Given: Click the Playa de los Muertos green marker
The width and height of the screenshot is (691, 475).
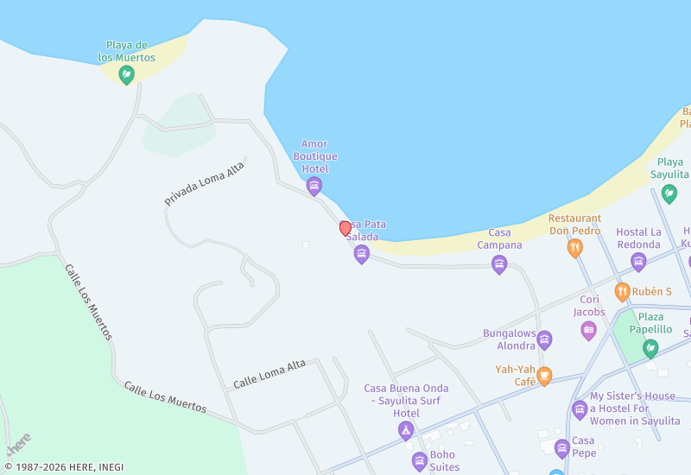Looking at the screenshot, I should click(126, 75).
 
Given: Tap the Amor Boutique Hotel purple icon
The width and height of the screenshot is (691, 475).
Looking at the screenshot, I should click(314, 186).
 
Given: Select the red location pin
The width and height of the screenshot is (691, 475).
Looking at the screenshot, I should click(345, 228).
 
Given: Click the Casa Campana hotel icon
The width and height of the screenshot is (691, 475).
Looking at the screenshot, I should click(499, 265).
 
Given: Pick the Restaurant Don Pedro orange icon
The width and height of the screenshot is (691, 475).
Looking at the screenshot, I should click(574, 248).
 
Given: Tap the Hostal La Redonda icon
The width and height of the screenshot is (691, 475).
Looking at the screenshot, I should click(638, 262).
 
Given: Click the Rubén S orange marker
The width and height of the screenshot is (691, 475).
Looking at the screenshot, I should click(622, 292).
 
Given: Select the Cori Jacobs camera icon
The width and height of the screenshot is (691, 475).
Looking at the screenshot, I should click(588, 329).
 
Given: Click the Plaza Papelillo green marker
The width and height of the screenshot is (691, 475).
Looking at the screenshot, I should click(650, 348).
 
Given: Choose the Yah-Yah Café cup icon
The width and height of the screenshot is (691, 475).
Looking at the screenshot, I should click(544, 376).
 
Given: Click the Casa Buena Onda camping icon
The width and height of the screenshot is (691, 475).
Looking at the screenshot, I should click(406, 430).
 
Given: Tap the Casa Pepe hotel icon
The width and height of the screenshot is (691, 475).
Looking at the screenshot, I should click(562, 447).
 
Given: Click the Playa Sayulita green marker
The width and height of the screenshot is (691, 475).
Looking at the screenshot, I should click(669, 194).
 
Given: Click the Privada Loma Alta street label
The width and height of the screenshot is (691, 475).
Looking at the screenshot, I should click(204, 183).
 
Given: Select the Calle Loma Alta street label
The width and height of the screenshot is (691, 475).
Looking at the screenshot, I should click(269, 374).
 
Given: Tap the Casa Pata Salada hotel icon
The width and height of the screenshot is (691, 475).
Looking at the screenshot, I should click(362, 254).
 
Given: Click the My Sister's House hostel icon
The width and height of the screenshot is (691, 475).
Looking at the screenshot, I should click(580, 408).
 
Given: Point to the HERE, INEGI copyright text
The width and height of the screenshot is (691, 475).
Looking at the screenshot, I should click(64, 467).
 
